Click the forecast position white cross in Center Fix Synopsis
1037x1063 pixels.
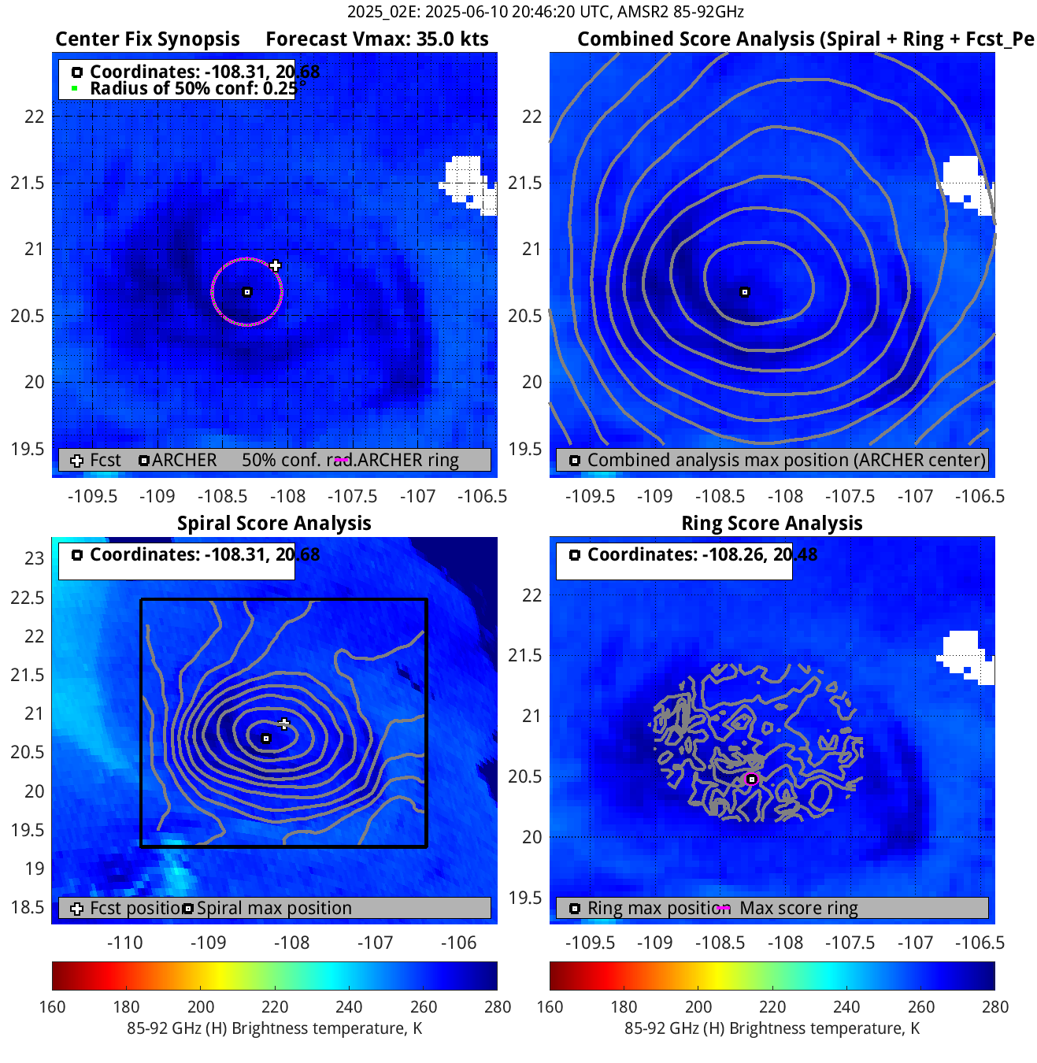pos(275,266)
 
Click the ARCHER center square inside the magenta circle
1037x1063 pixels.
pos(247,292)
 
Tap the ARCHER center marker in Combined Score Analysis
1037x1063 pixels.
pos(745,292)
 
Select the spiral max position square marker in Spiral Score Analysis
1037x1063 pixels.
pos(266,739)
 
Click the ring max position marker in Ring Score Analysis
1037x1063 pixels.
pos(752,780)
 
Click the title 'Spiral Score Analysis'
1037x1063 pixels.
pos(274,524)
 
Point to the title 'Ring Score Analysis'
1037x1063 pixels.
pos(772,524)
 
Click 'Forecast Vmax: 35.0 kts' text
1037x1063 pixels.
pos(377,39)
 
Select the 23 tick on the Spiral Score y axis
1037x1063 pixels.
pos(35,558)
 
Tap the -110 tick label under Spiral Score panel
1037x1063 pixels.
pos(124,943)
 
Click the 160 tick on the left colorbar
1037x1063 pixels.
pos(52,1007)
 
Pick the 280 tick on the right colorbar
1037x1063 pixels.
pos(995,1007)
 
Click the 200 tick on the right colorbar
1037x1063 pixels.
pos(698,1007)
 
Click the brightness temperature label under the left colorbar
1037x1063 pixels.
pos(274,1028)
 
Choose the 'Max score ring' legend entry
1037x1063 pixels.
pos(798,909)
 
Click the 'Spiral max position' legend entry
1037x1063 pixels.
pos(273,909)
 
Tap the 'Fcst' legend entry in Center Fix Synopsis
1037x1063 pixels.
pos(105,461)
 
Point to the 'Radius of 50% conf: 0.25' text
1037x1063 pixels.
pos(193,88)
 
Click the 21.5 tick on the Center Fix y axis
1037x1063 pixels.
pos(28,183)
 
